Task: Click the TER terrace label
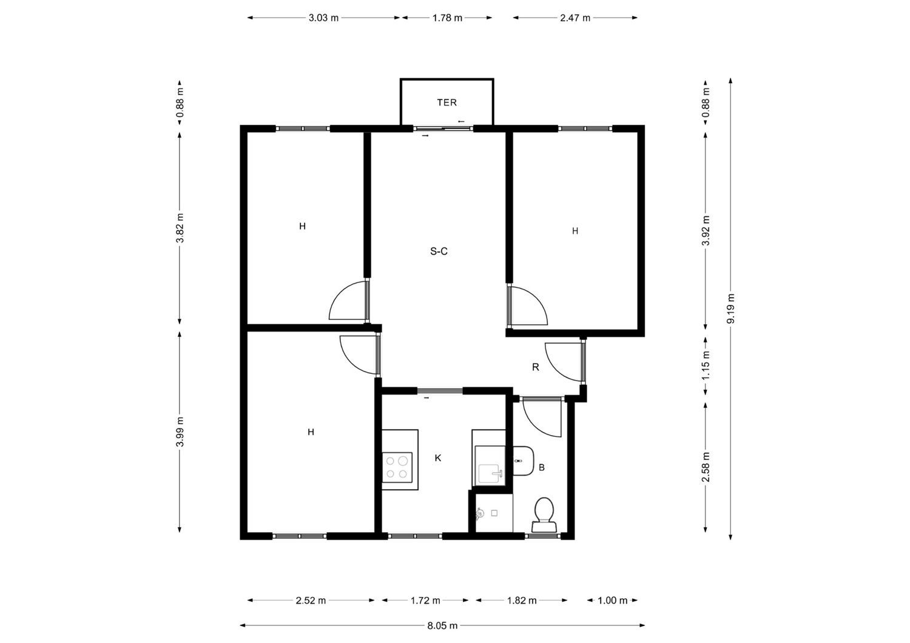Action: (447, 102)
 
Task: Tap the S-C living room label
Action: (439, 252)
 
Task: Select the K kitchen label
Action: (438, 458)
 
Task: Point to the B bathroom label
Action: (542, 467)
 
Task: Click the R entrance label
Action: (536, 367)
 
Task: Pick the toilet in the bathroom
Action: (544, 515)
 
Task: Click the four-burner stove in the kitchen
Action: (397, 467)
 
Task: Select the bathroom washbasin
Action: (523, 461)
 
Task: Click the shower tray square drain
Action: (494, 513)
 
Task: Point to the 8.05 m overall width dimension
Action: (442, 625)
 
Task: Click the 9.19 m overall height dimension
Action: (730, 308)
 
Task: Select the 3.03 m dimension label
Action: (323, 18)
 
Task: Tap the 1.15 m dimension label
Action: (706, 365)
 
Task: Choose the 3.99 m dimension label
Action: (180, 431)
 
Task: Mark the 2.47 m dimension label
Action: (575, 18)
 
